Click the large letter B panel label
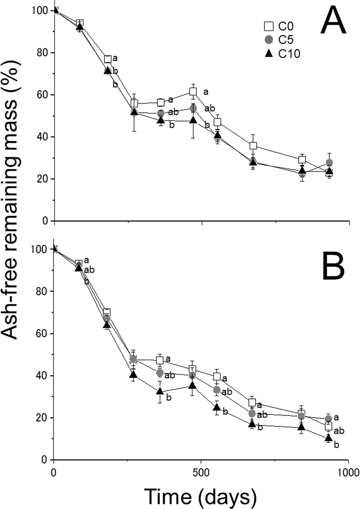pyautogui.click(x=333, y=266)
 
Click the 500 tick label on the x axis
pyautogui.click(x=201, y=472)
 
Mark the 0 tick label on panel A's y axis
pyautogui.click(x=45, y=221)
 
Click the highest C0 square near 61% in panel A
pyautogui.click(x=193, y=92)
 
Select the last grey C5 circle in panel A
pyautogui.click(x=329, y=162)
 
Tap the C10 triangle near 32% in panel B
pyautogui.click(x=160, y=391)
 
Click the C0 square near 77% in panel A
pyautogui.click(x=107, y=59)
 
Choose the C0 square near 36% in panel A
pyautogui.click(x=253, y=146)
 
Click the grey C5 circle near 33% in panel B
pyautogui.click(x=216, y=390)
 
